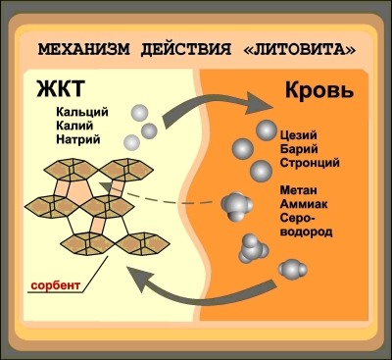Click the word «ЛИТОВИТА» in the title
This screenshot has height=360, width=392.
coord(300,49)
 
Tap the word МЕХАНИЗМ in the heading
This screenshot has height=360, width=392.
coord(83,49)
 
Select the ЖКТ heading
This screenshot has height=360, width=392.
coord(61,88)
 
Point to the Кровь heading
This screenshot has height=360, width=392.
coord(319,90)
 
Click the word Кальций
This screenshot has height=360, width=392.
coord(82,112)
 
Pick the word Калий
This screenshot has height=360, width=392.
coord(74,126)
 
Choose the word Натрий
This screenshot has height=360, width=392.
coord(78,139)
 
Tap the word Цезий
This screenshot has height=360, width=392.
coord(298,135)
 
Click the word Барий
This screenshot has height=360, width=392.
coord(299,149)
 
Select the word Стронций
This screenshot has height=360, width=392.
coord(310,163)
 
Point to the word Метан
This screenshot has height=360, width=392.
coord(298,190)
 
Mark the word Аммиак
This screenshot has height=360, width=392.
coord(304,204)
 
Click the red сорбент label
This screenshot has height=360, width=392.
coord(56,285)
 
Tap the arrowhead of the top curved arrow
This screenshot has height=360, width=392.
coord(260,103)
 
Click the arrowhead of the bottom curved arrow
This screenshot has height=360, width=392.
coord(140,279)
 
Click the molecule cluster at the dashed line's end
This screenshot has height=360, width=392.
coord(236,206)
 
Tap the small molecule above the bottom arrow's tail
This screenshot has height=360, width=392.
coord(292,270)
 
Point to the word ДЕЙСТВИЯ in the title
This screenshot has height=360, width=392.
coord(186,49)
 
